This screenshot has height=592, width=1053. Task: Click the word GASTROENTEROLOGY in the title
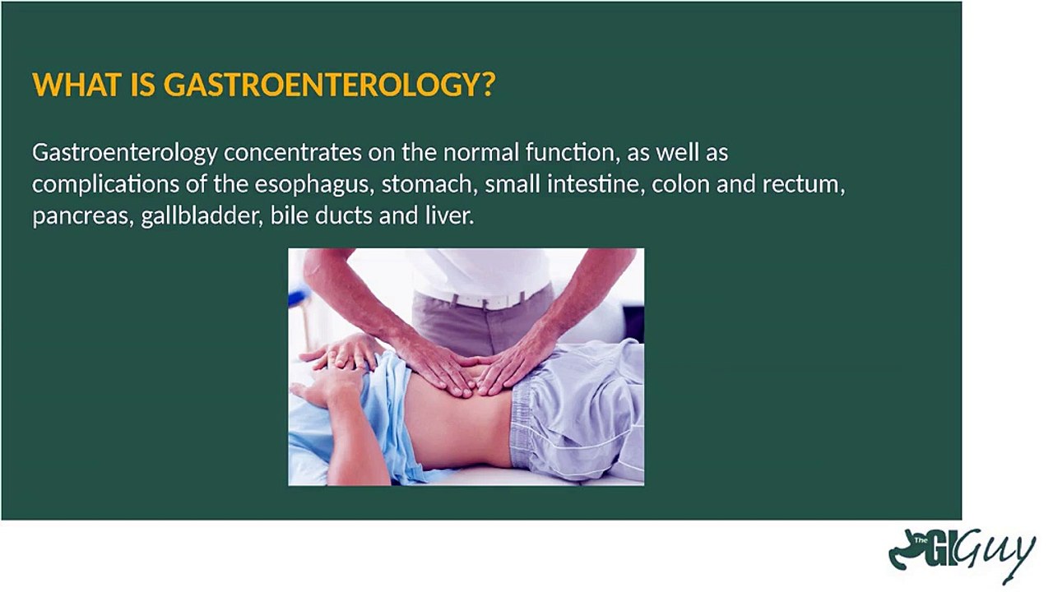[322, 85]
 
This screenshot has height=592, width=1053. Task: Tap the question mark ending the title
[489, 85]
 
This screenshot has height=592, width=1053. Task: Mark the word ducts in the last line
[344, 216]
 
